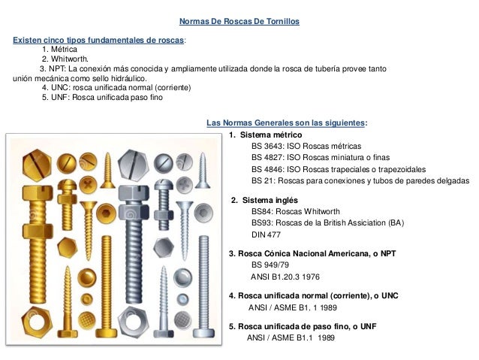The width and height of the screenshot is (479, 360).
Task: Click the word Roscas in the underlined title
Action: (x=229, y=22)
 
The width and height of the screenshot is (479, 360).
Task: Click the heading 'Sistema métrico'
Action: (x=270, y=135)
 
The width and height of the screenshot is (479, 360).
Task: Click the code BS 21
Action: (x=262, y=181)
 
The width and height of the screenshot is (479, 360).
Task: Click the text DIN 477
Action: (x=267, y=235)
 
